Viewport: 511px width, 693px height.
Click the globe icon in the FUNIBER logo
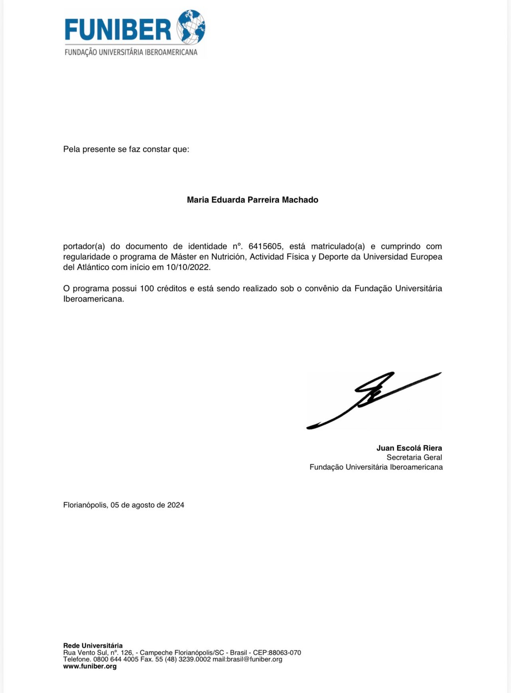tap(191, 27)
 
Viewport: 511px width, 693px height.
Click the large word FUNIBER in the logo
tap(118, 30)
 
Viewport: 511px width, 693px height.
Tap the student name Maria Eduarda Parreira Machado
tap(252, 200)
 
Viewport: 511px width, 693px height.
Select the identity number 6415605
tap(265, 246)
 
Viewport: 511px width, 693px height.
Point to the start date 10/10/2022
tap(188, 267)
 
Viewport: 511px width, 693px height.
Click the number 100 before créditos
tap(147, 288)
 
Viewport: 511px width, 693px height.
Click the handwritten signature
tap(374, 399)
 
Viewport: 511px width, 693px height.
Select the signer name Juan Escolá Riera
tap(409, 448)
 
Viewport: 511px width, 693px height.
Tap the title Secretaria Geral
tap(414, 458)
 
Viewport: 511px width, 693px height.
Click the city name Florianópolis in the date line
tap(85, 505)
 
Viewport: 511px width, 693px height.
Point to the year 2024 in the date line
tap(176, 505)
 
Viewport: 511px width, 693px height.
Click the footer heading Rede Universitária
tap(93, 646)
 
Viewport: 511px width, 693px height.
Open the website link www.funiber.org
tap(90, 666)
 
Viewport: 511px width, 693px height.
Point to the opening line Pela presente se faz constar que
tap(126, 150)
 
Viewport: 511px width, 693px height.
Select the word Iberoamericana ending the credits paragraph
tap(93, 299)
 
